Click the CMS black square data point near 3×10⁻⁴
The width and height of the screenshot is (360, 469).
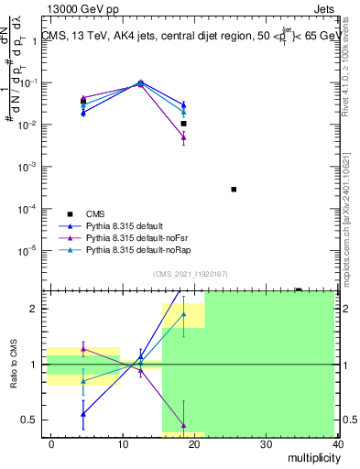pyautogui.click(x=234, y=190)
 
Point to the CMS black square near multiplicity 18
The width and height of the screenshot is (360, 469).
pyautogui.click(x=184, y=123)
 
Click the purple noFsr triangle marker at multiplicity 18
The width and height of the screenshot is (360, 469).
pyautogui.click(x=183, y=137)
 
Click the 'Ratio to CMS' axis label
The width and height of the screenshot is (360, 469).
pyautogui.click(x=14, y=365)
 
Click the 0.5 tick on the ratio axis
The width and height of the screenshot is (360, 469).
pyautogui.click(x=28, y=420)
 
